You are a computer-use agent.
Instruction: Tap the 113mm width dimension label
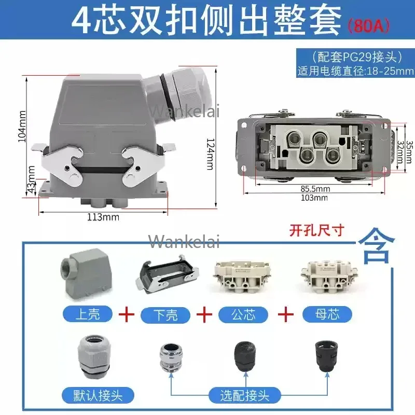point(103,217)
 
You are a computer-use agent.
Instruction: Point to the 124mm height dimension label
point(210,150)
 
